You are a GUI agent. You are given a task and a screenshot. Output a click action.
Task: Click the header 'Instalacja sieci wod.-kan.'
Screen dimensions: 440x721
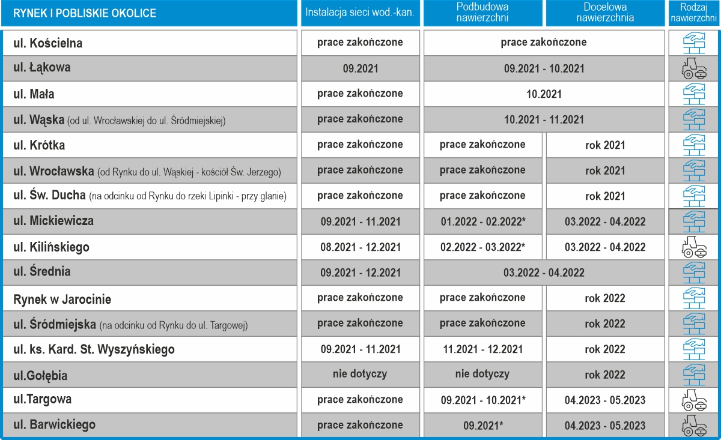click(x=360, y=13)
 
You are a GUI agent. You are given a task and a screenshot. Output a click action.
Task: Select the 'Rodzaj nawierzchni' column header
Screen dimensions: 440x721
click(x=694, y=13)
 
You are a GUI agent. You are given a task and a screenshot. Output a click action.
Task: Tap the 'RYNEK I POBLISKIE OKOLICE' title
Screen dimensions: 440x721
click(x=85, y=13)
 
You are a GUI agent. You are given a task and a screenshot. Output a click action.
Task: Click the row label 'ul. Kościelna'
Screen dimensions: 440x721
click(x=48, y=43)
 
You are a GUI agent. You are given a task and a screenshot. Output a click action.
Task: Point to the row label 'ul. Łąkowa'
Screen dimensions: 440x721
click(x=42, y=68)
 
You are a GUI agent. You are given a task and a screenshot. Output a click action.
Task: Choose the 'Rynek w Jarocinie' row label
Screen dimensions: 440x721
click(x=62, y=299)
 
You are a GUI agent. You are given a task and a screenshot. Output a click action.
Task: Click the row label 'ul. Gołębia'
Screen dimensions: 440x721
click(x=40, y=376)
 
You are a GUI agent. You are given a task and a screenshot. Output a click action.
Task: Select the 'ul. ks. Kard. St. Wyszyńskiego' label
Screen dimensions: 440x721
click(x=94, y=349)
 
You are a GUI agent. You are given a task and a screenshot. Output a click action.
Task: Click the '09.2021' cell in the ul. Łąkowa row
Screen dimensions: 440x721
click(x=360, y=68)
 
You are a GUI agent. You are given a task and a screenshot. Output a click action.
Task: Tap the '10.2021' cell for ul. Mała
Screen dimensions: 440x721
click(x=543, y=94)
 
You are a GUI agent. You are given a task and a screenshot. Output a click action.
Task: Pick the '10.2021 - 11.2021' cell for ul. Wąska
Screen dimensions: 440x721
click(x=543, y=119)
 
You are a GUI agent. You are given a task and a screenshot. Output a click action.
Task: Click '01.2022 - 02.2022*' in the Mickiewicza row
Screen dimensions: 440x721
click(x=482, y=222)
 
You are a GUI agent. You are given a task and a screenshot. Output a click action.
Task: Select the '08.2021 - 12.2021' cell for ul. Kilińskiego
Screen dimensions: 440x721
click(x=360, y=247)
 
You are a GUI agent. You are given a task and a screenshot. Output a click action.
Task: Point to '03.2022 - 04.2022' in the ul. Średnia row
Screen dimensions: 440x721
click(x=543, y=273)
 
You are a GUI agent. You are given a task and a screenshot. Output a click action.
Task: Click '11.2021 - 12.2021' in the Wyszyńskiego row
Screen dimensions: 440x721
click(x=482, y=349)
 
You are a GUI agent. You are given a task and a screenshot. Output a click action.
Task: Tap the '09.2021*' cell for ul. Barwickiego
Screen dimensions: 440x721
click(x=482, y=426)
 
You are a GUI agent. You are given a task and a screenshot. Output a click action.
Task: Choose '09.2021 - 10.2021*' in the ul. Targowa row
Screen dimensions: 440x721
click(x=482, y=400)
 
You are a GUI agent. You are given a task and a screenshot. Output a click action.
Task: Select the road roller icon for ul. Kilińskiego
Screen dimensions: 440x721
click(x=694, y=247)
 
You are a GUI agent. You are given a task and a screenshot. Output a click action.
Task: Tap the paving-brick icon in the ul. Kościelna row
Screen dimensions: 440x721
click(x=694, y=43)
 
